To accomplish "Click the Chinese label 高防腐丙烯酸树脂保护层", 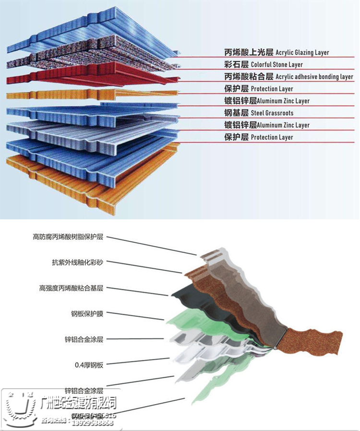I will coord(68,237).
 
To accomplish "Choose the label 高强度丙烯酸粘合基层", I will coord(71,288).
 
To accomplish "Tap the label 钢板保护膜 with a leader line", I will coord(87,314).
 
